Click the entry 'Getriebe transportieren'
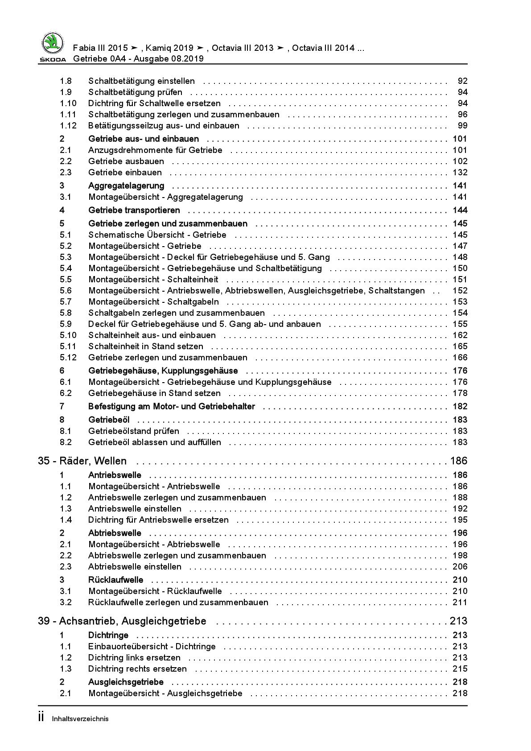click(134, 210)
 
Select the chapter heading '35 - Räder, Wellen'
click(82, 461)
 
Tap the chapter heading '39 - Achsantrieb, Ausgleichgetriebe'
click(122, 621)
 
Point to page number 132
click(460, 173)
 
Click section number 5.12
click(68, 358)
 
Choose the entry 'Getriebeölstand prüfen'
click(134, 431)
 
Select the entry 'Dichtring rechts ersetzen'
click(137, 669)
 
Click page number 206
click(460, 567)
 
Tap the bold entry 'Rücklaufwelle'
click(115, 580)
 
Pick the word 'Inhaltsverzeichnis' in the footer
click(80, 719)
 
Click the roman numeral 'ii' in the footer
click(41, 718)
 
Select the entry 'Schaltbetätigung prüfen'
click(135, 92)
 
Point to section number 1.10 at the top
click(68, 103)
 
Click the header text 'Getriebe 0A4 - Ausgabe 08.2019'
click(138, 58)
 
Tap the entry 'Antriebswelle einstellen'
click(135, 509)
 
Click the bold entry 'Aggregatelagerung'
click(126, 186)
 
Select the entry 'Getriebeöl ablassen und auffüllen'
click(154, 442)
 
